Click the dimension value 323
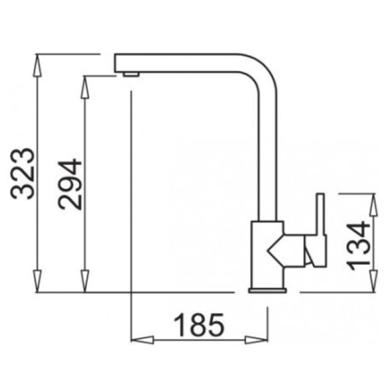pyautogui.click(x=22, y=173)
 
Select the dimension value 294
pyautogui.click(x=70, y=184)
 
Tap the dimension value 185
pyautogui.click(x=199, y=325)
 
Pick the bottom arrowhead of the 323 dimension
pyautogui.click(x=37, y=281)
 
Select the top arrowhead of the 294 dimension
pyautogui.click(x=85, y=87)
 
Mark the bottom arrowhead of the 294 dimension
pyautogui.click(x=85, y=281)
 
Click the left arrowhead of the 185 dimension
pyautogui.click(x=142, y=340)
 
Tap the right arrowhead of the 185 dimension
pyautogui.click(x=256, y=340)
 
